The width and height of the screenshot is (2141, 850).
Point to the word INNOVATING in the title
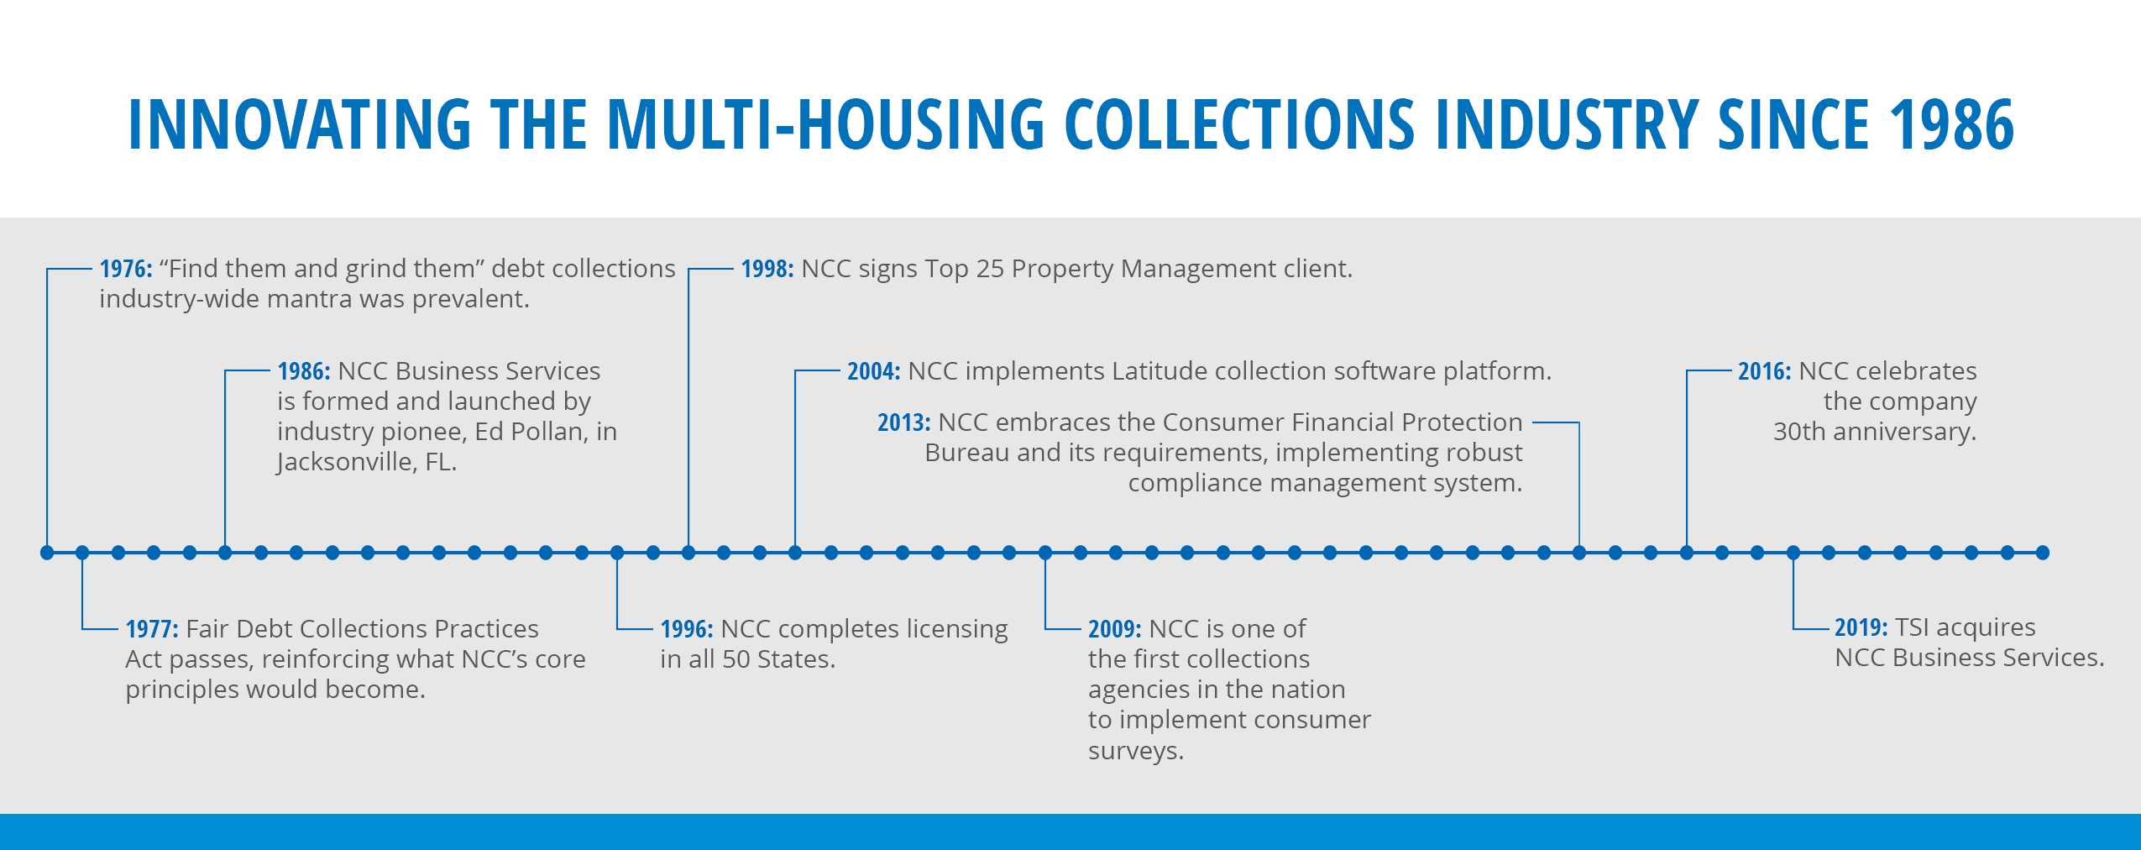click(299, 124)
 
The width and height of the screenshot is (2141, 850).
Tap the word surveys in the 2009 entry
click(1136, 751)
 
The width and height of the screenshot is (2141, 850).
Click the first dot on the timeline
click(47, 553)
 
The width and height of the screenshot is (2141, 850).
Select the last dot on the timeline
click(2043, 553)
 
